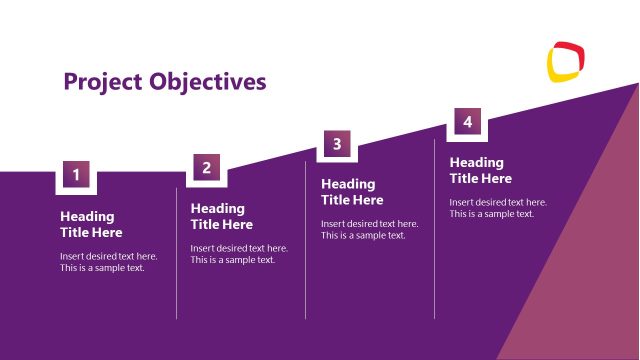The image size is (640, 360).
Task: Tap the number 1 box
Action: coord(76,177)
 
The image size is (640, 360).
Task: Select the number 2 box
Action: coord(206,167)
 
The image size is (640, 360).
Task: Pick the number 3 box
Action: coord(337,144)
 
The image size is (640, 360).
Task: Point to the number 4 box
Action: coord(466,123)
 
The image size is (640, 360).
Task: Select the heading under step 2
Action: coord(221,216)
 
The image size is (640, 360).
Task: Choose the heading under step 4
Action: coord(480,170)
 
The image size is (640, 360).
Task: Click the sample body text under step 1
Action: coord(109,262)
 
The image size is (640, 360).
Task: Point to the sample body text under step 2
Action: coord(239,254)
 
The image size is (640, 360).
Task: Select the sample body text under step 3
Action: coord(369,229)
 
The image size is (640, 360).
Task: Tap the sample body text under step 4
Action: coord(498,208)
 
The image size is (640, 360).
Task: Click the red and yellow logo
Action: coord(566,61)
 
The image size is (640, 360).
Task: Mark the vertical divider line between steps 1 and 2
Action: coord(177,255)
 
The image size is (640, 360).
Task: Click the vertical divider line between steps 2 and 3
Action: coord(305,240)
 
